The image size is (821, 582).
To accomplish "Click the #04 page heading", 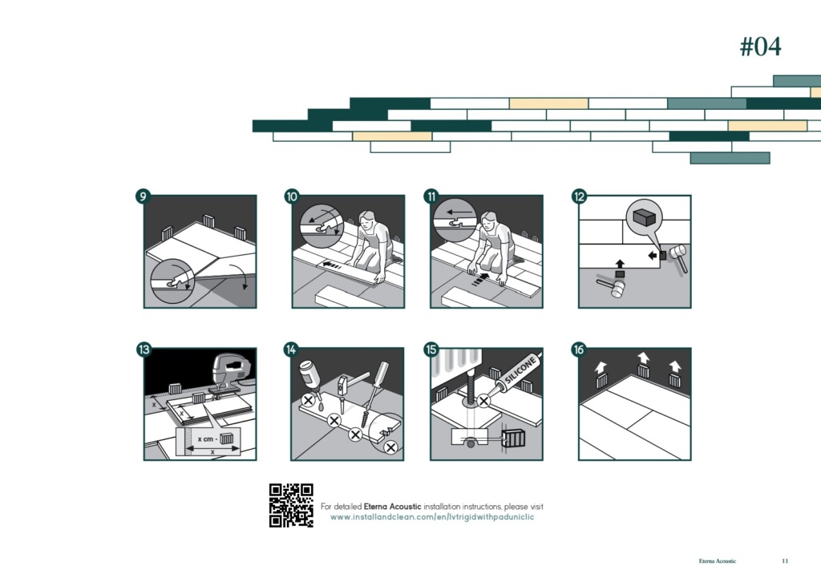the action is (x=760, y=46).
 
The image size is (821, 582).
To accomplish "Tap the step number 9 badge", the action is (x=143, y=196).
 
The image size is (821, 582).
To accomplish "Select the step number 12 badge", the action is (x=579, y=196).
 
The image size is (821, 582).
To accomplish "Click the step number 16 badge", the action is (x=579, y=349).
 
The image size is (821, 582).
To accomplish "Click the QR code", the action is (x=291, y=505).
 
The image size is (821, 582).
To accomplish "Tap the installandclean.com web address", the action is (x=432, y=517).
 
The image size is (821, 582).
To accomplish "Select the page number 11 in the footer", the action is (x=785, y=561).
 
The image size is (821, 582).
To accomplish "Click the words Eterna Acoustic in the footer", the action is (x=718, y=561).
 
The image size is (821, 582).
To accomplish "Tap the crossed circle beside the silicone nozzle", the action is (x=483, y=402).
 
